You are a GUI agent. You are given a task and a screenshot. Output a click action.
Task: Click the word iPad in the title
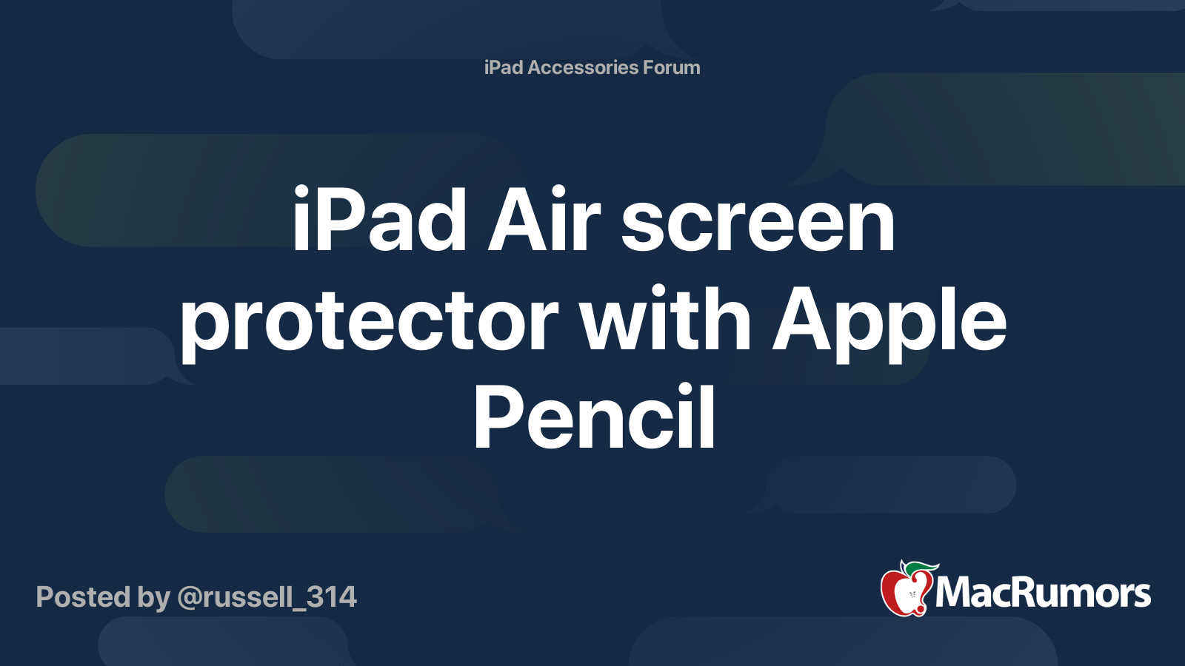tap(379, 221)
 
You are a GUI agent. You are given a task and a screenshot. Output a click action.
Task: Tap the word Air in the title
tap(544, 221)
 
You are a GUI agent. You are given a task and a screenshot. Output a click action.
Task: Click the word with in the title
tap(665, 320)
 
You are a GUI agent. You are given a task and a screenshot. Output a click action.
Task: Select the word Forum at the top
tap(671, 67)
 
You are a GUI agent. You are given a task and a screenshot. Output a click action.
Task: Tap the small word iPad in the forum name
tap(504, 67)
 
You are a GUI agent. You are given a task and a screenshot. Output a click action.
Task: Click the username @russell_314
tap(267, 597)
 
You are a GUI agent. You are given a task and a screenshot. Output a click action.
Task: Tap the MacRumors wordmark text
tap(1043, 593)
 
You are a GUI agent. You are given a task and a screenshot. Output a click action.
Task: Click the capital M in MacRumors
tap(955, 593)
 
